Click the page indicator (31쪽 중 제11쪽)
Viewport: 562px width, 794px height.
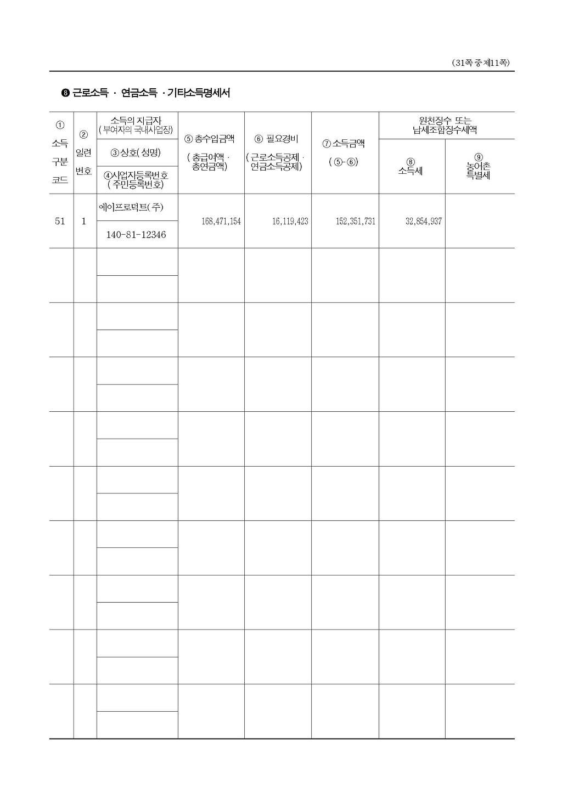[x=481, y=63]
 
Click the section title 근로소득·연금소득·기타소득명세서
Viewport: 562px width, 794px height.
[x=151, y=93]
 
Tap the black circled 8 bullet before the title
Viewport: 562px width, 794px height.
[x=65, y=93]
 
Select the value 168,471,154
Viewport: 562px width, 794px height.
[x=221, y=222]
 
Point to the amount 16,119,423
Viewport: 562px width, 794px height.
[x=290, y=222]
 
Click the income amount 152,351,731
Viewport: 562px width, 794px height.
[x=356, y=222]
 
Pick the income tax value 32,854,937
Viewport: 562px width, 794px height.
[x=423, y=222]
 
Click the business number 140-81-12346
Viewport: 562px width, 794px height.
[x=136, y=235]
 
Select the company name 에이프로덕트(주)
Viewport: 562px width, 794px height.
[x=131, y=207]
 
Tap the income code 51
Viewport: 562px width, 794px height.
[x=60, y=222]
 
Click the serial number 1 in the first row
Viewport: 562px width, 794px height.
[x=84, y=222]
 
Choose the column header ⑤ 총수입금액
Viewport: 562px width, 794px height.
[x=211, y=139]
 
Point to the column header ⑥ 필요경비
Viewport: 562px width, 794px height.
[x=277, y=139]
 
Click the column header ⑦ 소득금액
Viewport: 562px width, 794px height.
[x=344, y=144]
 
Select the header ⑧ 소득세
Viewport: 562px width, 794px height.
[x=411, y=167]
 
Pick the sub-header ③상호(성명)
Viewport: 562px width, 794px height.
[x=136, y=152]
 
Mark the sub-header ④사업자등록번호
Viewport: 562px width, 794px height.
[x=136, y=175]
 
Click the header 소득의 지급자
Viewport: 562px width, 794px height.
[x=136, y=121]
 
